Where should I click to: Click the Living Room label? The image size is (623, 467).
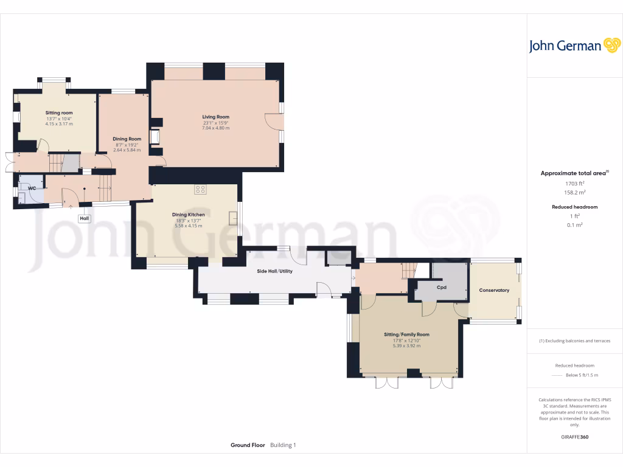[216, 117]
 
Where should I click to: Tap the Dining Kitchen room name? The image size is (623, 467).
[188, 215]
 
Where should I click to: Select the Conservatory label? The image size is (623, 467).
[494, 291]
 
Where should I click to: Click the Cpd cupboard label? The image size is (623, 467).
[442, 287]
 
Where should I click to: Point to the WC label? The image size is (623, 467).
[32, 189]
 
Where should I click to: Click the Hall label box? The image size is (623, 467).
[84, 218]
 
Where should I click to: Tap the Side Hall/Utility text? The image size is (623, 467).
[274, 271]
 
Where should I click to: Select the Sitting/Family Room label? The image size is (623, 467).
[406, 334]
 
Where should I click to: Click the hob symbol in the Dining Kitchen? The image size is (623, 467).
[200, 189]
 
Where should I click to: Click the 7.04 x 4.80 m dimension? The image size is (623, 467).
[216, 128]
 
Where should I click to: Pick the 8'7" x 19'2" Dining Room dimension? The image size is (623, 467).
[127, 145]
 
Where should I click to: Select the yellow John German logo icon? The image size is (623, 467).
[611, 46]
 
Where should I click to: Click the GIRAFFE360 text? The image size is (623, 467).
[575, 437]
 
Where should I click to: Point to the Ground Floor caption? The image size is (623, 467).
[248, 445]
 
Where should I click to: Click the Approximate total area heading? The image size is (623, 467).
[573, 173]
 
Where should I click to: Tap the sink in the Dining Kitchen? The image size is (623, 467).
[233, 217]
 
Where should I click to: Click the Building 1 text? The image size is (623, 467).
[283, 445]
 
